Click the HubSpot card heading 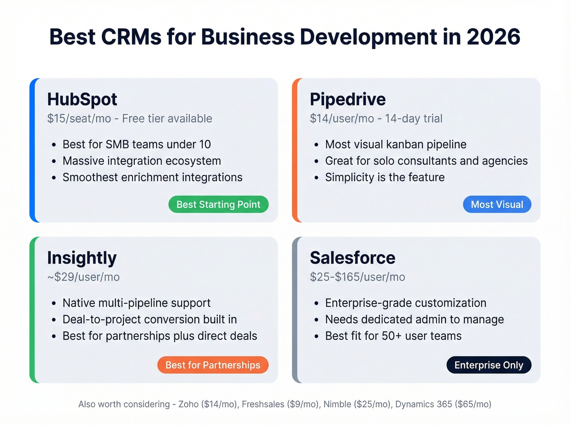(82, 100)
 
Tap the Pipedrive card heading (347, 100)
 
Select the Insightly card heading (82, 258)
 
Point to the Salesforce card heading (352, 258)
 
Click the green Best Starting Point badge (218, 205)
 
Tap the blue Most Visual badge (497, 205)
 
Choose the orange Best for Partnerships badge (213, 365)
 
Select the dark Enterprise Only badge (489, 365)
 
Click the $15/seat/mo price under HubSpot (79, 119)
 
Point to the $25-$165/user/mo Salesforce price (357, 277)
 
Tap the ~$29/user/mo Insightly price (83, 277)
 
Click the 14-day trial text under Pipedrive (414, 119)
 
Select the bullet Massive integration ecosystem (142, 161)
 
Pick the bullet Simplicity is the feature (384, 177)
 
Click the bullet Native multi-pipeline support (136, 303)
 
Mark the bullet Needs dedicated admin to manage (414, 320)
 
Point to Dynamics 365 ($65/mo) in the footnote (443, 404)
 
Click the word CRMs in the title (131, 37)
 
